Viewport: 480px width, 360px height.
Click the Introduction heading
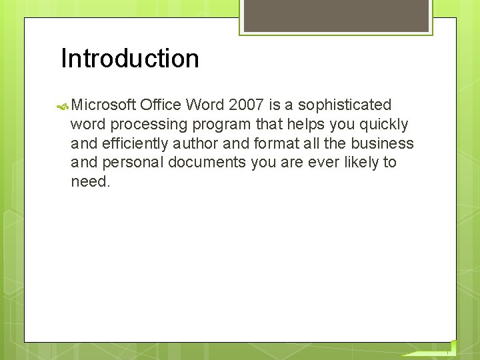click(130, 59)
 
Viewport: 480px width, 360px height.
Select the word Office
click(161, 105)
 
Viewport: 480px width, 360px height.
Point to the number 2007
click(245, 105)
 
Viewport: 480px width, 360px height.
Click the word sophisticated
click(345, 105)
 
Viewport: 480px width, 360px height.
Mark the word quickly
click(385, 125)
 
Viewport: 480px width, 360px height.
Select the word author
click(195, 143)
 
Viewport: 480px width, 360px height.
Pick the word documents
click(207, 162)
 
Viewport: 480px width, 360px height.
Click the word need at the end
click(90, 181)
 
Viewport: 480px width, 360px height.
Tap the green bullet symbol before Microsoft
click(63, 105)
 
